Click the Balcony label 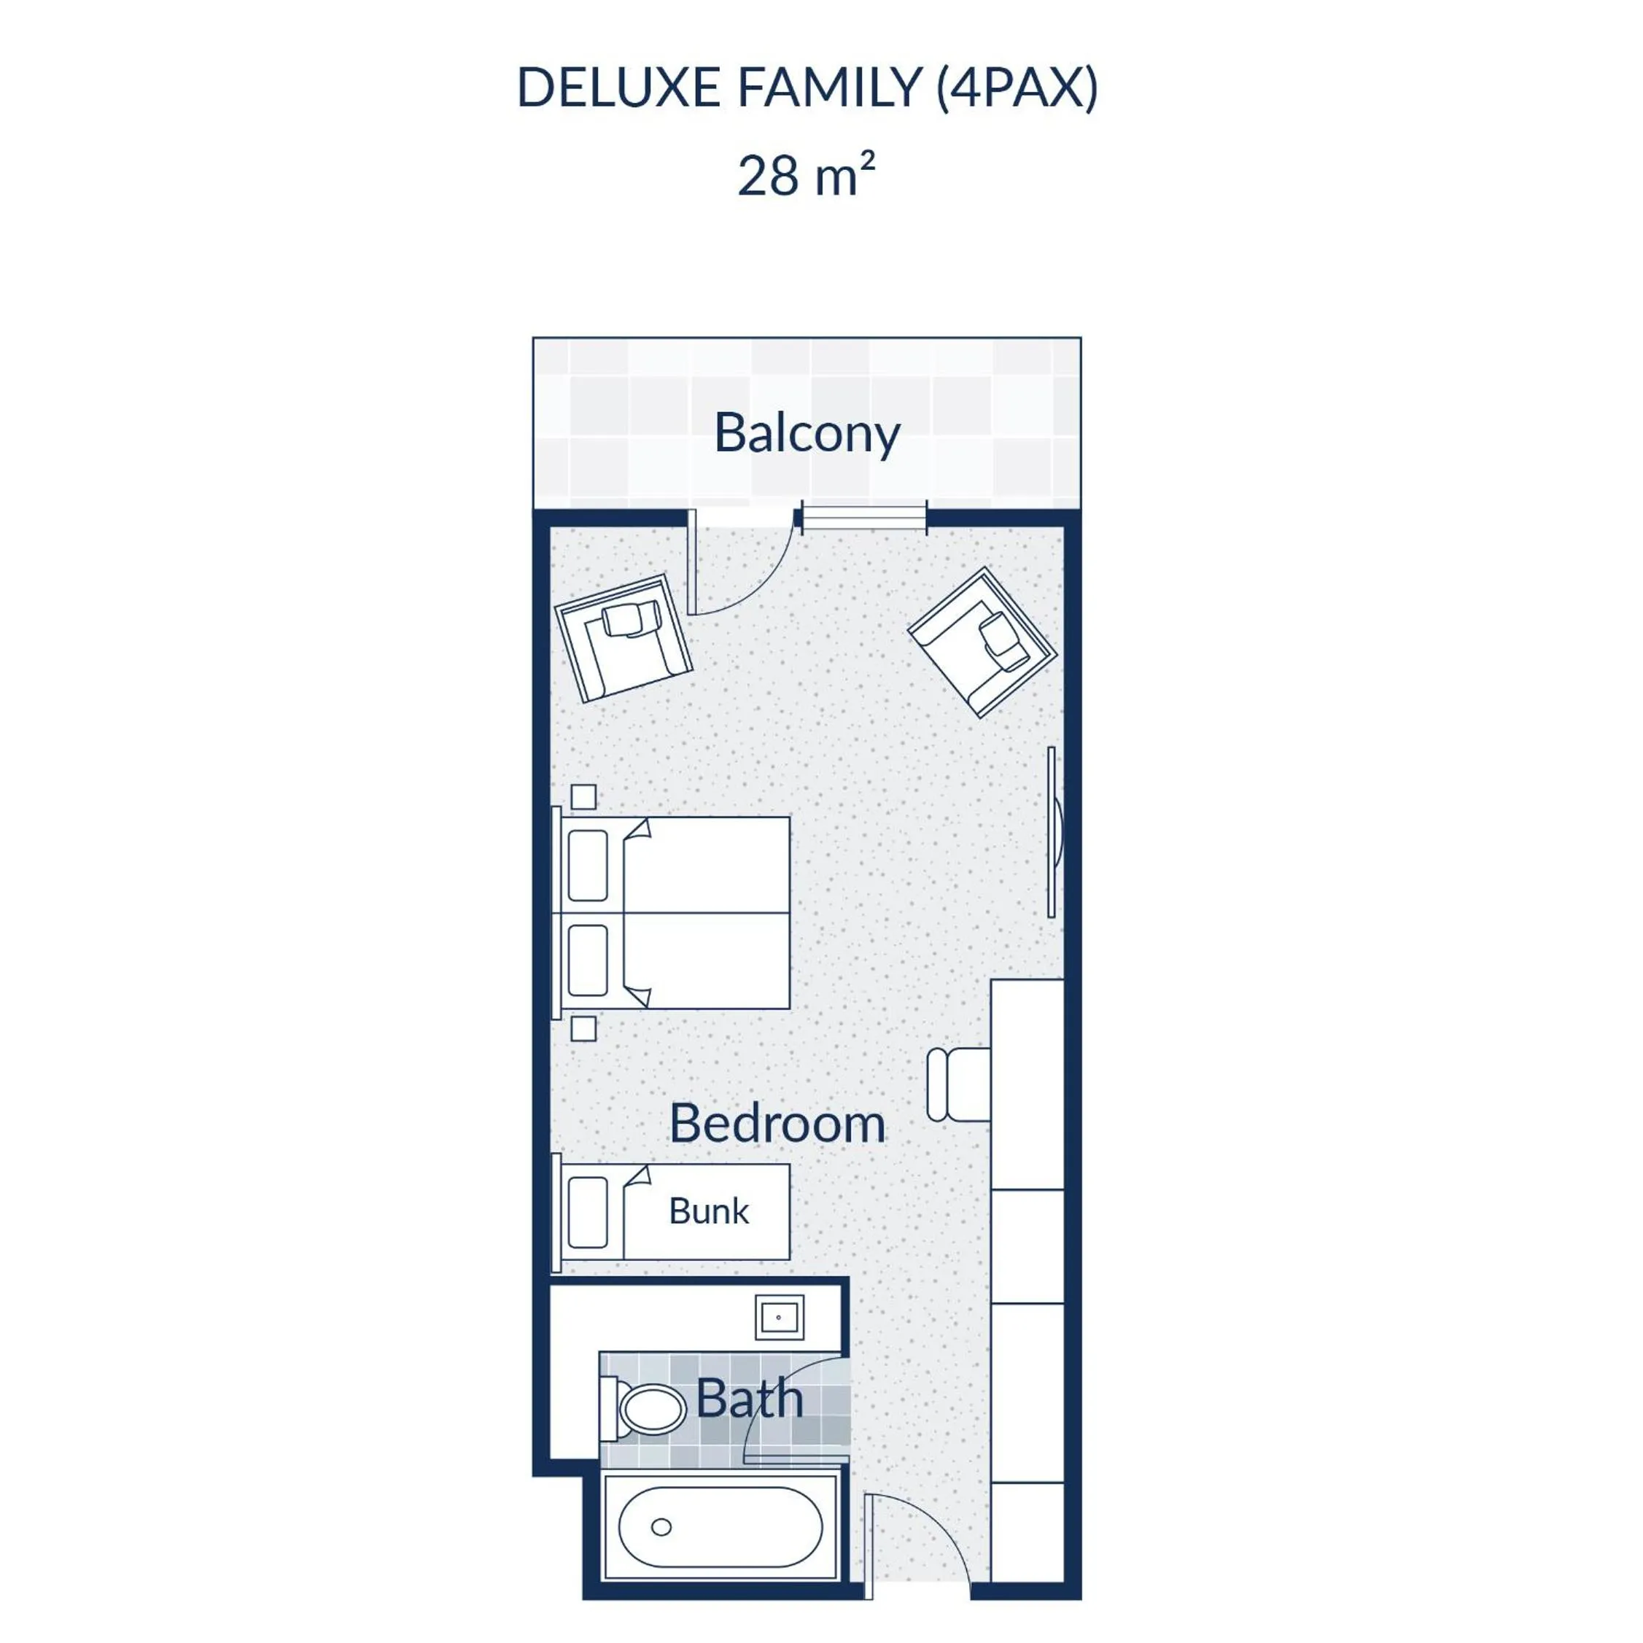807,434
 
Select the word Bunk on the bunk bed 708,1211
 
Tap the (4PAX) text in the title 1017,88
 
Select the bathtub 720,1526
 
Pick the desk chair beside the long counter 958,1084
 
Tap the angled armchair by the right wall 982,642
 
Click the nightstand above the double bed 583,797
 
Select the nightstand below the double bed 583,1028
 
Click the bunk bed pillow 588,1212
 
